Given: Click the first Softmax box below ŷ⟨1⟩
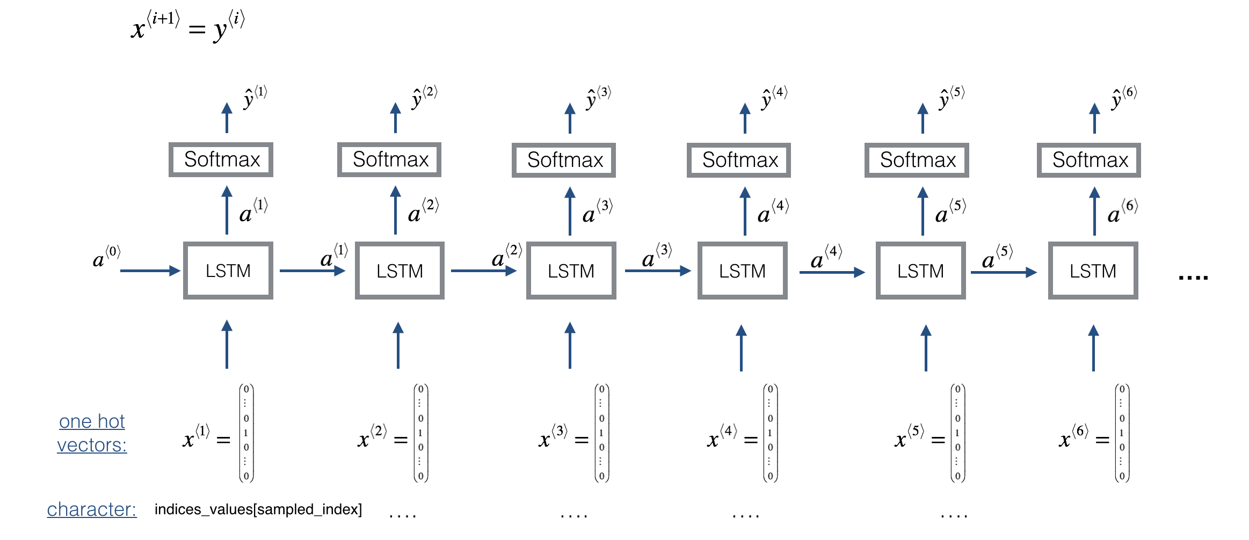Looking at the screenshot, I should (221, 159).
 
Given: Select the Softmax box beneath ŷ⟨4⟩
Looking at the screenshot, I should (739, 160).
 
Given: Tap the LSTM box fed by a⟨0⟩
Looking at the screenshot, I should (228, 271).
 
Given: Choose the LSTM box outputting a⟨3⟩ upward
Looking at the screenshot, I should (571, 271).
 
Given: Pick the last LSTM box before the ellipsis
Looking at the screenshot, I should (1093, 271).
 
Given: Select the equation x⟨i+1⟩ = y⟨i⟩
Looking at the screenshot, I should (187, 26).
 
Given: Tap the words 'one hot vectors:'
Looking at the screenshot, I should (92, 433).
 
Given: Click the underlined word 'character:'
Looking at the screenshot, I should (92, 509).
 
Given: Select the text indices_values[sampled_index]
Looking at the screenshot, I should (258, 509).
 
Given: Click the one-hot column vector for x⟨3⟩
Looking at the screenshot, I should (601, 433).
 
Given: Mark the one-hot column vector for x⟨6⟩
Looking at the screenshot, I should (1122, 433).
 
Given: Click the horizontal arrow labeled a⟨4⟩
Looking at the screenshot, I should (831, 273).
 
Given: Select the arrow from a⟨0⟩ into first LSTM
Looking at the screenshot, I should (150, 271).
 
